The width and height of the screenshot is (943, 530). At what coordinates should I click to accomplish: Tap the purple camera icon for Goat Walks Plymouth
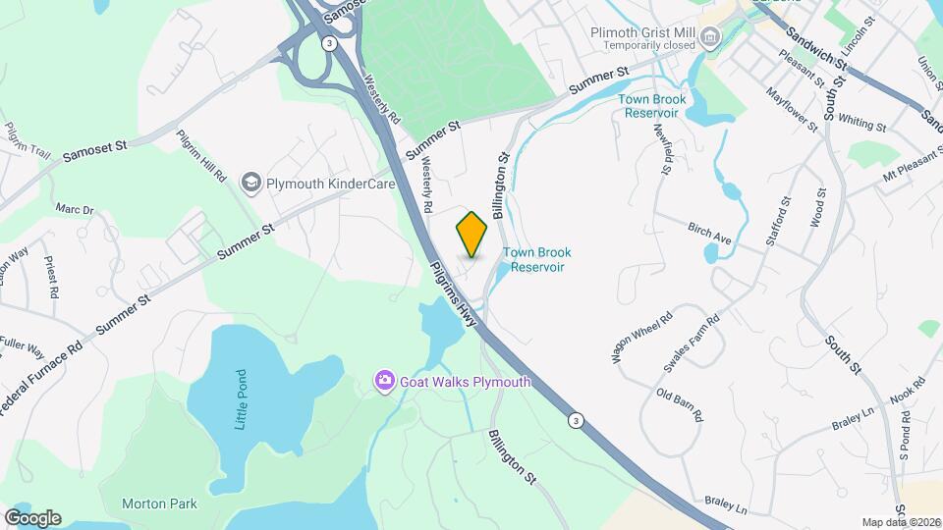click(x=385, y=381)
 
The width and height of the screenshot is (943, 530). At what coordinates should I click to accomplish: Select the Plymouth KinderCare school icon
click(x=251, y=183)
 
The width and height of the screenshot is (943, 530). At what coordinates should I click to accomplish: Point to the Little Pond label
click(x=241, y=398)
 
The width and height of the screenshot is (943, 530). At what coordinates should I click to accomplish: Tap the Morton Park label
click(x=159, y=503)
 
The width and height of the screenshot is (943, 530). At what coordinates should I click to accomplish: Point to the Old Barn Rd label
click(x=680, y=404)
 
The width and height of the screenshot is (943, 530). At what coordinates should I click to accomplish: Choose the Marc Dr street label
click(x=75, y=209)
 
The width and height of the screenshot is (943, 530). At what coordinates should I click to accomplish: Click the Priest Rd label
click(x=49, y=278)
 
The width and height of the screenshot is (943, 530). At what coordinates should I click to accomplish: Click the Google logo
click(x=31, y=518)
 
